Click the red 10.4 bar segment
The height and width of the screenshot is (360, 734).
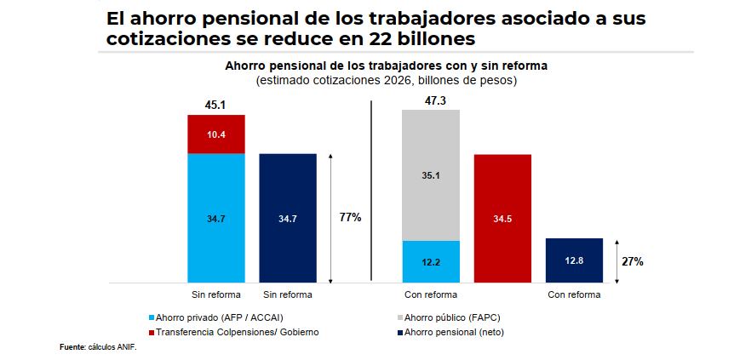[x=216, y=134]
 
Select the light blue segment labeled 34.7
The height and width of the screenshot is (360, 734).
[x=216, y=218]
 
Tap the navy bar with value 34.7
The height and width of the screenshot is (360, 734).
[x=288, y=218]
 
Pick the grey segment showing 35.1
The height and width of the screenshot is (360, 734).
[x=431, y=175]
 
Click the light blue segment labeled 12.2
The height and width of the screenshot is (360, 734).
[x=431, y=261]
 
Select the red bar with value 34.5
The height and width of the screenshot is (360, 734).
[x=502, y=218]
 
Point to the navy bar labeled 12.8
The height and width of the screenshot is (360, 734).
[x=574, y=260]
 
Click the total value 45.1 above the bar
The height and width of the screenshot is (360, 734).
[x=216, y=106]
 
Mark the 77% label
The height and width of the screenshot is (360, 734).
[x=350, y=218]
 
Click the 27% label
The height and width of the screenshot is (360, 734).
[x=632, y=261]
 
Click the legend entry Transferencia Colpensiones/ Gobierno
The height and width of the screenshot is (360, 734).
[x=231, y=331]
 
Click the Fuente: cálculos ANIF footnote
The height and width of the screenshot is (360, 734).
[x=98, y=348]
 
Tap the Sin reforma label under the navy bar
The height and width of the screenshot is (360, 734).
[x=288, y=294]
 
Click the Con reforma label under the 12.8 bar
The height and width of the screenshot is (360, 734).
[x=574, y=294]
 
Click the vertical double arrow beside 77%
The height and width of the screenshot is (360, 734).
[x=330, y=218]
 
